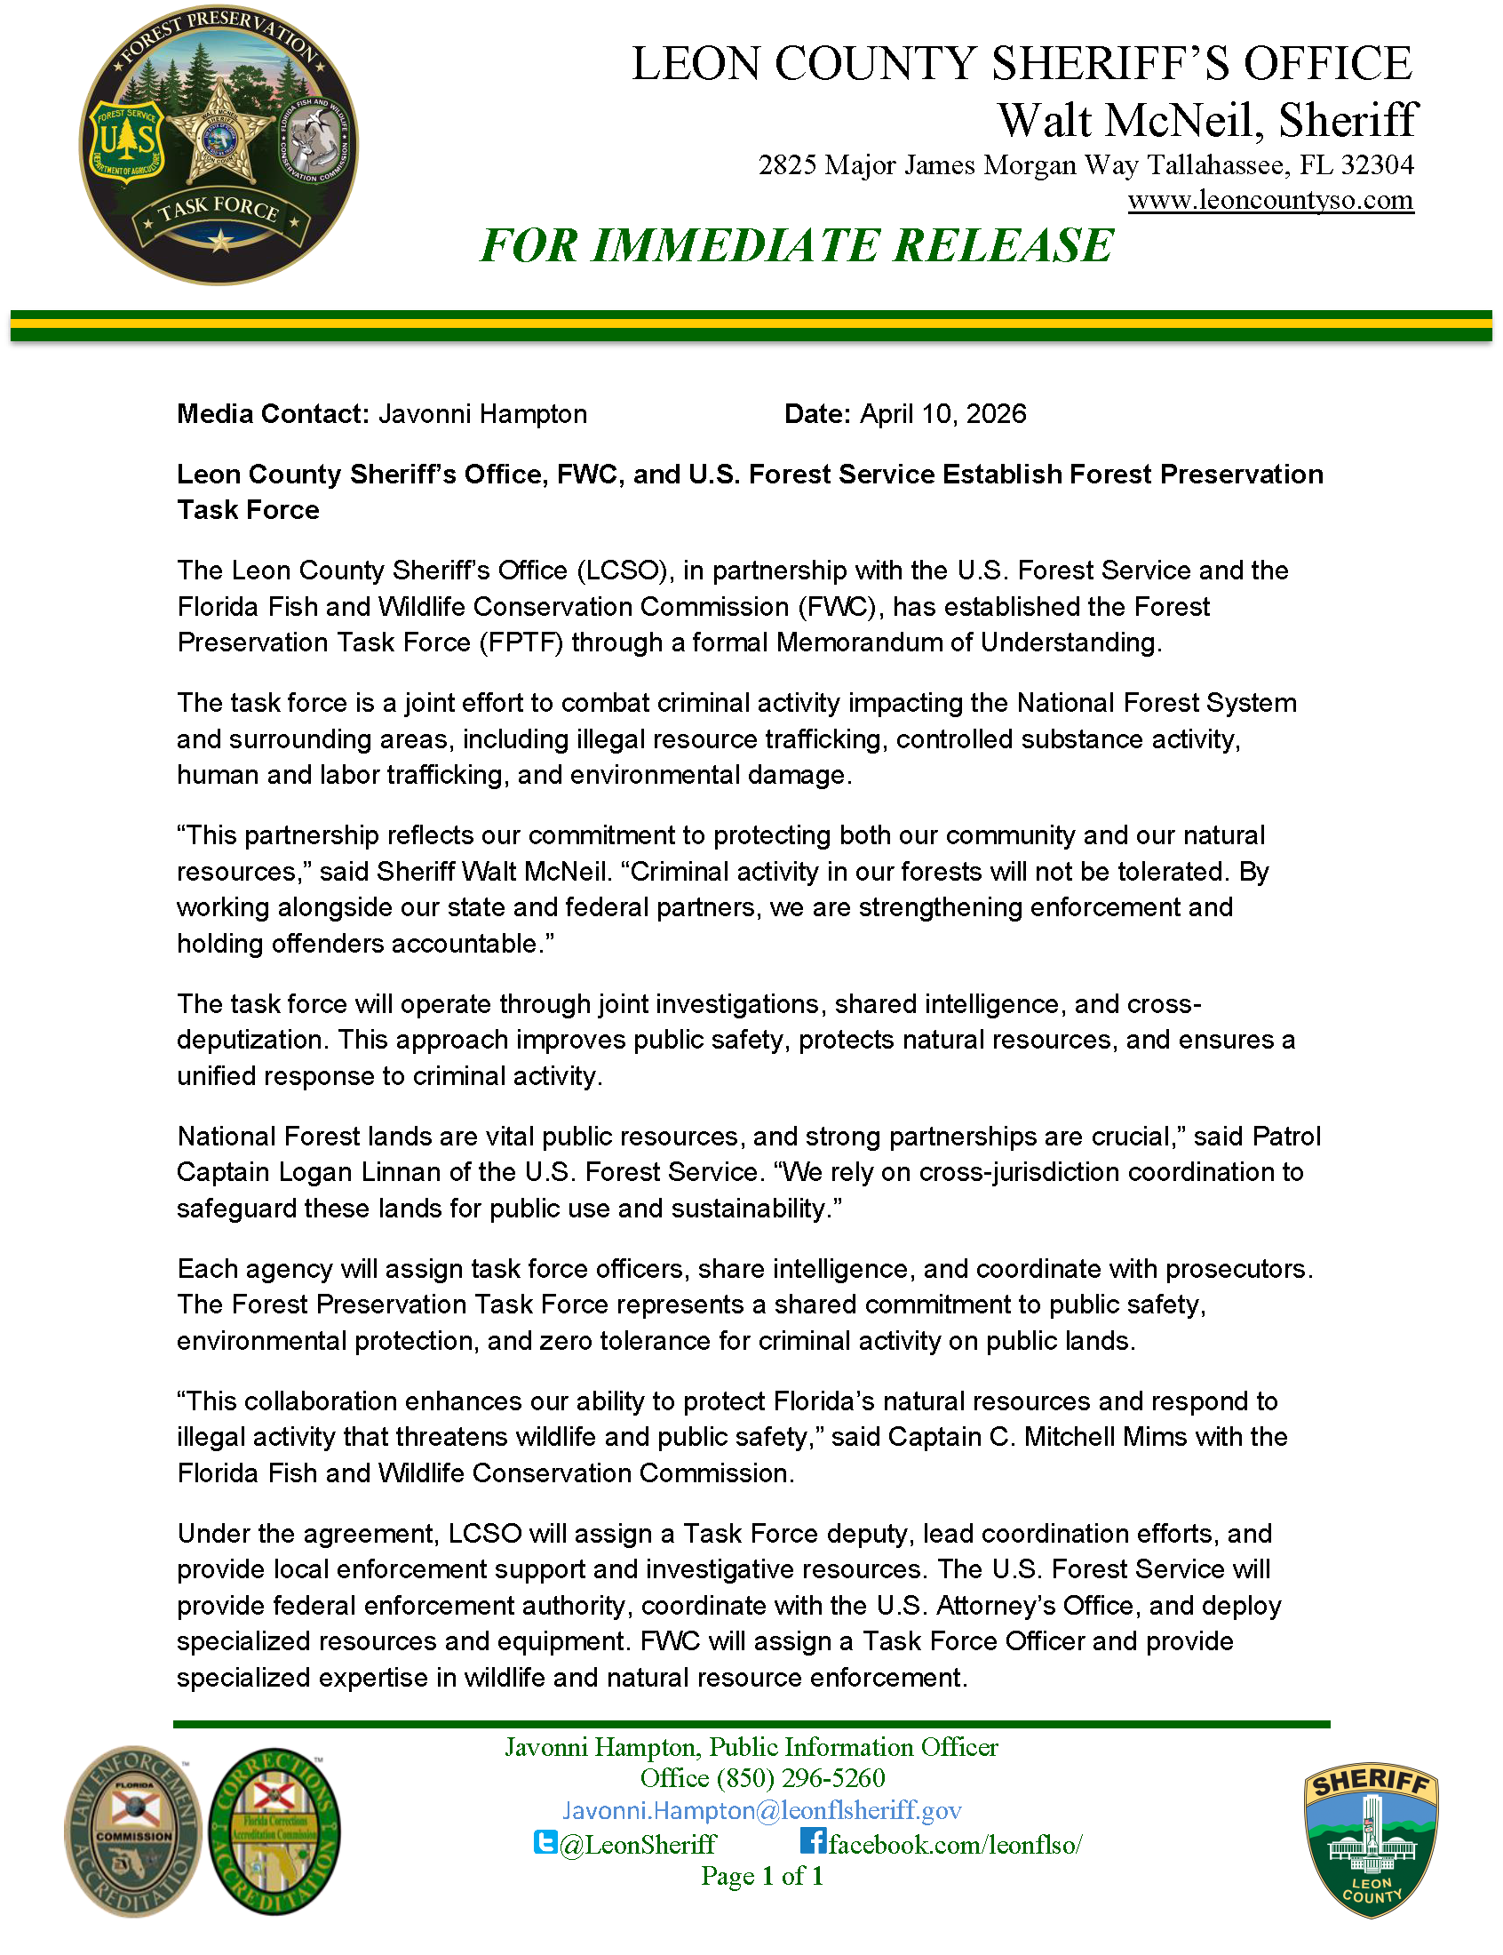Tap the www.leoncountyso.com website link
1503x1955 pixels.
point(1270,200)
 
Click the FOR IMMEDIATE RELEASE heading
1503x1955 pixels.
point(796,245)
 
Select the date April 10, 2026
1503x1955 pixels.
point(943,413)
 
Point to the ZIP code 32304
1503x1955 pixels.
point(1377,164)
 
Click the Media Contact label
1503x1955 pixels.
point(273,413)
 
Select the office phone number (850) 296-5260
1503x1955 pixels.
point(800,1778)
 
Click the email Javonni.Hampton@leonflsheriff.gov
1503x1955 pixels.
point(761,1811)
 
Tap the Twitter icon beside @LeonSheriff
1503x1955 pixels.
point(545,1842)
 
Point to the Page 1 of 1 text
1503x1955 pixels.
point(761,1876)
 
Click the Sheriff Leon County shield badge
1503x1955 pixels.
point(1372,1840)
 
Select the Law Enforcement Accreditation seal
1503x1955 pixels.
point(133,1831)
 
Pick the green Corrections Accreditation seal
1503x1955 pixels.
point(274,1831)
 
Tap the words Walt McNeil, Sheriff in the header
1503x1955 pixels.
point(1207,120)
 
